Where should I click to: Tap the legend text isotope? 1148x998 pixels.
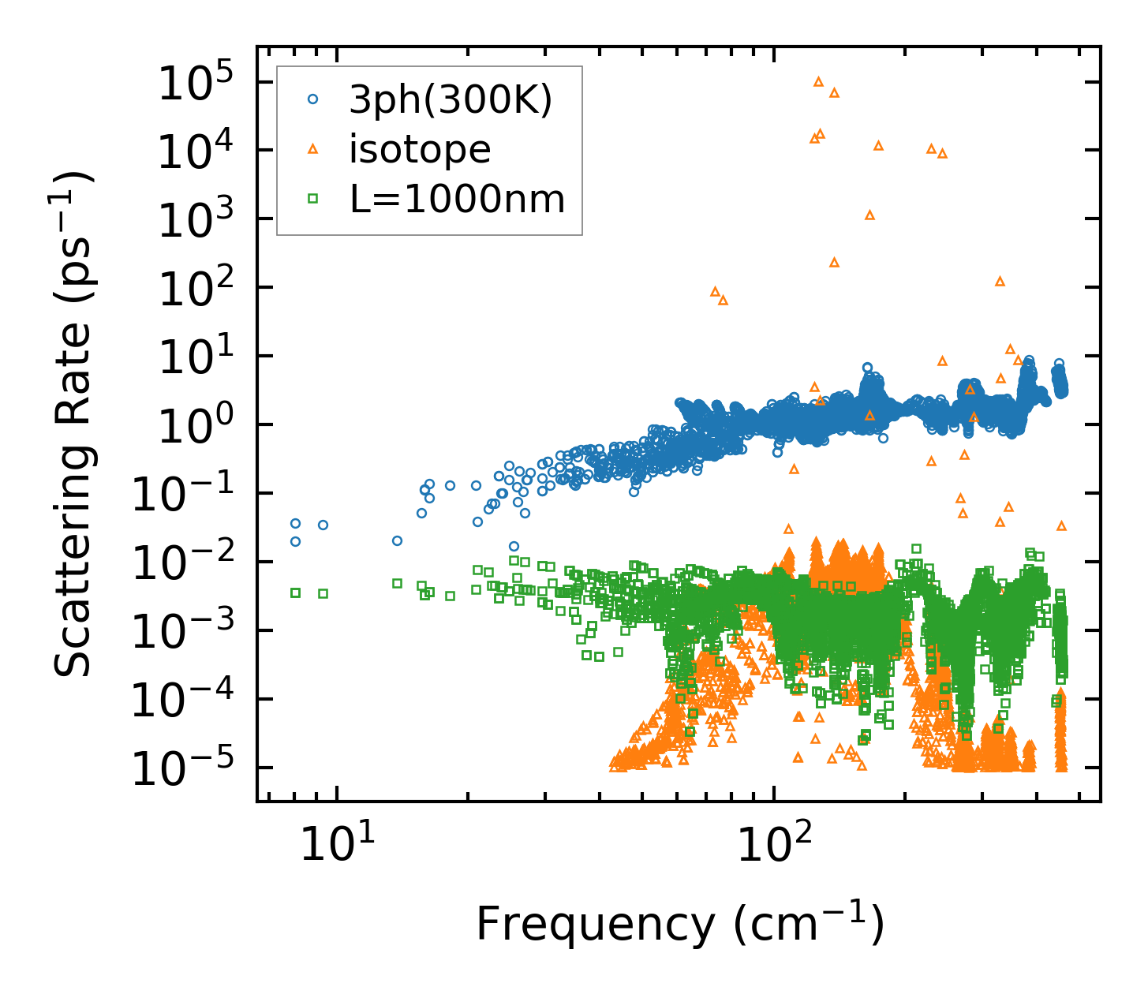pos(420,149)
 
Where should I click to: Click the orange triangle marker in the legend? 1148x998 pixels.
pos(313,149)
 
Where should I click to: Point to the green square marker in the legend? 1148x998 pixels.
pos(313,199)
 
